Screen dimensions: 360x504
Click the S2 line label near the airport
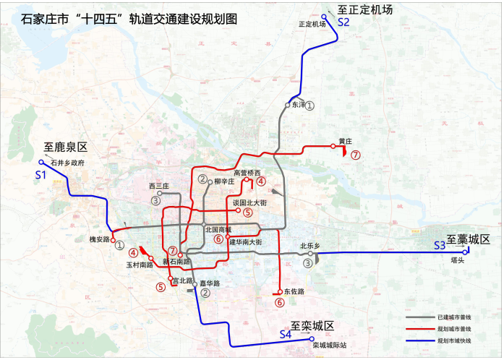point(343,23)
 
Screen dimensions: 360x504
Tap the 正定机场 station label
point(312,24)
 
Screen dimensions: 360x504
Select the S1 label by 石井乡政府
point(40,175)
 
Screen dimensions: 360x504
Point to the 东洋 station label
point(298,105)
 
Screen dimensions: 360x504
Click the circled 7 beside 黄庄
point(354,155)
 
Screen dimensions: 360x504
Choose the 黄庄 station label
point(344,141)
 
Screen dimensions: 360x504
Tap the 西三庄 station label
point(158,187)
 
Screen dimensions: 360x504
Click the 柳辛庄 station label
point(226,181)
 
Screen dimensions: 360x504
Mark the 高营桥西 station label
point(247,173)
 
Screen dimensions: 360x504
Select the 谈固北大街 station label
point(249,203)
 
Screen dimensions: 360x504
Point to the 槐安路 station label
point(98,239)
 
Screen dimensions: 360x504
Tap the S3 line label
point(440,246)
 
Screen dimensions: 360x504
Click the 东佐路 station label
point(294,292)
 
